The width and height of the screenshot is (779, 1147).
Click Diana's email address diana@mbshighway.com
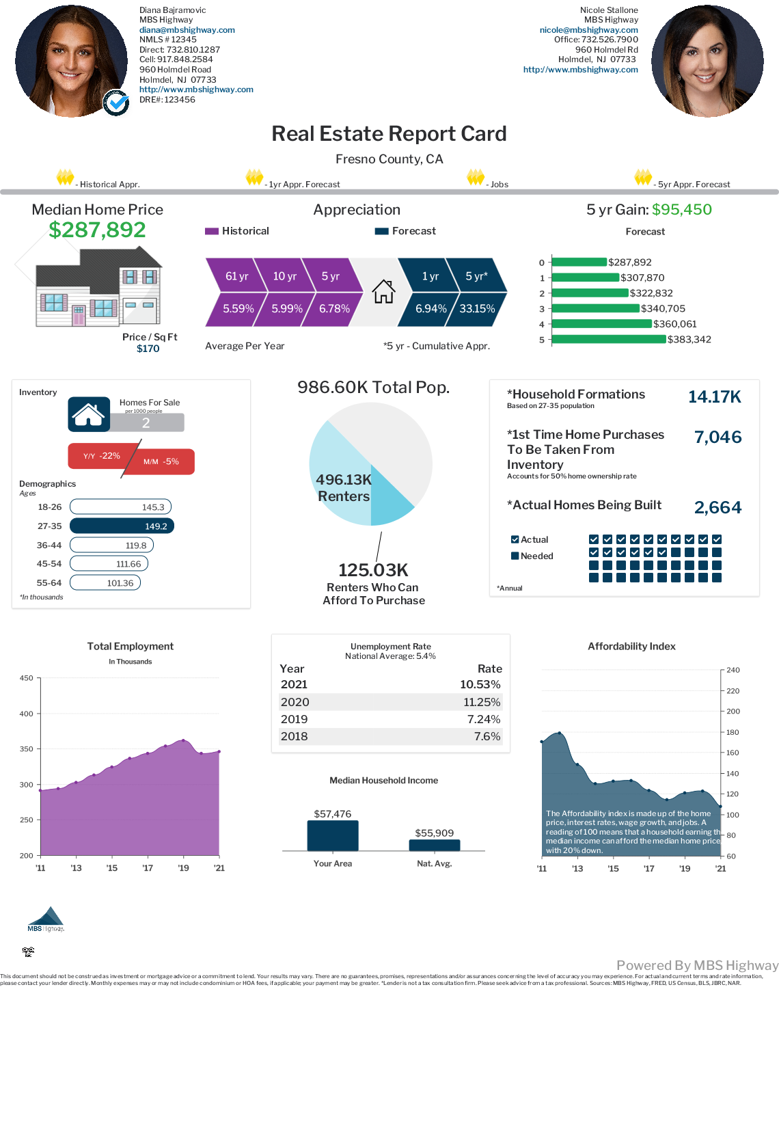point(187,30)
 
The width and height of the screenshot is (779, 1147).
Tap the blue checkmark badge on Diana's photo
point(117,103)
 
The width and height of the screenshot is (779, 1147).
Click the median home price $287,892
point(97,230)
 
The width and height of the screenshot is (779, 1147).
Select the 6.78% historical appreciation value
point(334,309)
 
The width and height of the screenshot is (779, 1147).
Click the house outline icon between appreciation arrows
point(383,292)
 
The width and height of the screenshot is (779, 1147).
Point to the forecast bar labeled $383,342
point(608,339)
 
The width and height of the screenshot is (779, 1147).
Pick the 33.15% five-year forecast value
point(477,309)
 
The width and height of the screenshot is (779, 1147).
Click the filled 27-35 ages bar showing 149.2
point(122,526)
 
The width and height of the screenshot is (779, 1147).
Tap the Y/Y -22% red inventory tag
point(102,456)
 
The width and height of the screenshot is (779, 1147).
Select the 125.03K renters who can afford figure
point(373,570)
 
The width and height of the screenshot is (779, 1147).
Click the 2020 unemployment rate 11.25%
point(482,702)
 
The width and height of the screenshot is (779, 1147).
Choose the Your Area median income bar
point(333,835)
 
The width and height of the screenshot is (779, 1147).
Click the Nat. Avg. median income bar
point(434,845)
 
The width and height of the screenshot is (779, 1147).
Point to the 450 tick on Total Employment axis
point(27,678)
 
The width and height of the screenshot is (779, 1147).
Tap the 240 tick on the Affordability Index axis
point(733,670)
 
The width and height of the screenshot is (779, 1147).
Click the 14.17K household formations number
point(714,397)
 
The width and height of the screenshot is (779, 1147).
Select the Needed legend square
point(515,556)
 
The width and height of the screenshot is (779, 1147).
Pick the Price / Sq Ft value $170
point(148,349)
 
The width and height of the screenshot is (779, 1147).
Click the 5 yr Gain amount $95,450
point(681,210)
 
